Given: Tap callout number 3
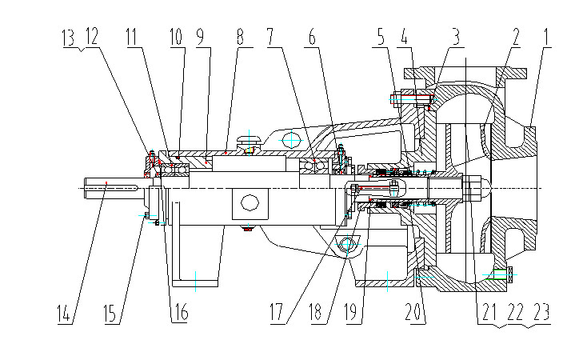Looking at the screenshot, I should (x=455, y=37).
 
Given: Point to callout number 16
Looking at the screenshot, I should (x=181, y=312).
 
